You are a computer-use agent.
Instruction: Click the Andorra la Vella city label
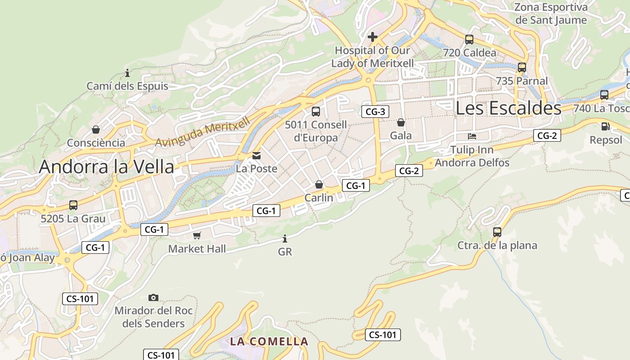tap(106, 166)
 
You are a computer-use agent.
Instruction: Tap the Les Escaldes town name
tap(508, 108)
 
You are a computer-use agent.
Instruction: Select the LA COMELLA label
tap(269, 341)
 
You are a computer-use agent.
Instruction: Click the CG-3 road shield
tap(375, 112)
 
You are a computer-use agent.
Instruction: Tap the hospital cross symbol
tap(372, 36)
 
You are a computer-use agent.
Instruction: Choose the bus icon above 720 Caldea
tap(469, 40)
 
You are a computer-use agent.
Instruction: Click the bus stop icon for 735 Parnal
tap(522, 67)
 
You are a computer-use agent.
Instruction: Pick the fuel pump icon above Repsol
tap(605, 126)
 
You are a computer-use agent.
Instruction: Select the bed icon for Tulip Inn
tap(472, 136)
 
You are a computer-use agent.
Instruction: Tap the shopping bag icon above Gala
tap(400, 122)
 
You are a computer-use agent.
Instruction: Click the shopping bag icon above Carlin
tap(319, 184)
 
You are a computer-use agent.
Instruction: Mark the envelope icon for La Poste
tap(256, 156)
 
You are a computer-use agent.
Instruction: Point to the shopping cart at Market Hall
tap(197, 235)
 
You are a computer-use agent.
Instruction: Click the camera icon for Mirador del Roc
tap(153, 297)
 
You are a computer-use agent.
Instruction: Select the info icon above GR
tap(284, 238)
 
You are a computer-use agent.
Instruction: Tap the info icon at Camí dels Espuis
tap(127, 73)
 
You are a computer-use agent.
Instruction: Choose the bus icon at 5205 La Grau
tap(73, 205)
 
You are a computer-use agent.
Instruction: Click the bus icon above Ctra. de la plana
tap(497, 232)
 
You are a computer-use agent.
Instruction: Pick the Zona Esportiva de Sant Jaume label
tap(551, 13)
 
